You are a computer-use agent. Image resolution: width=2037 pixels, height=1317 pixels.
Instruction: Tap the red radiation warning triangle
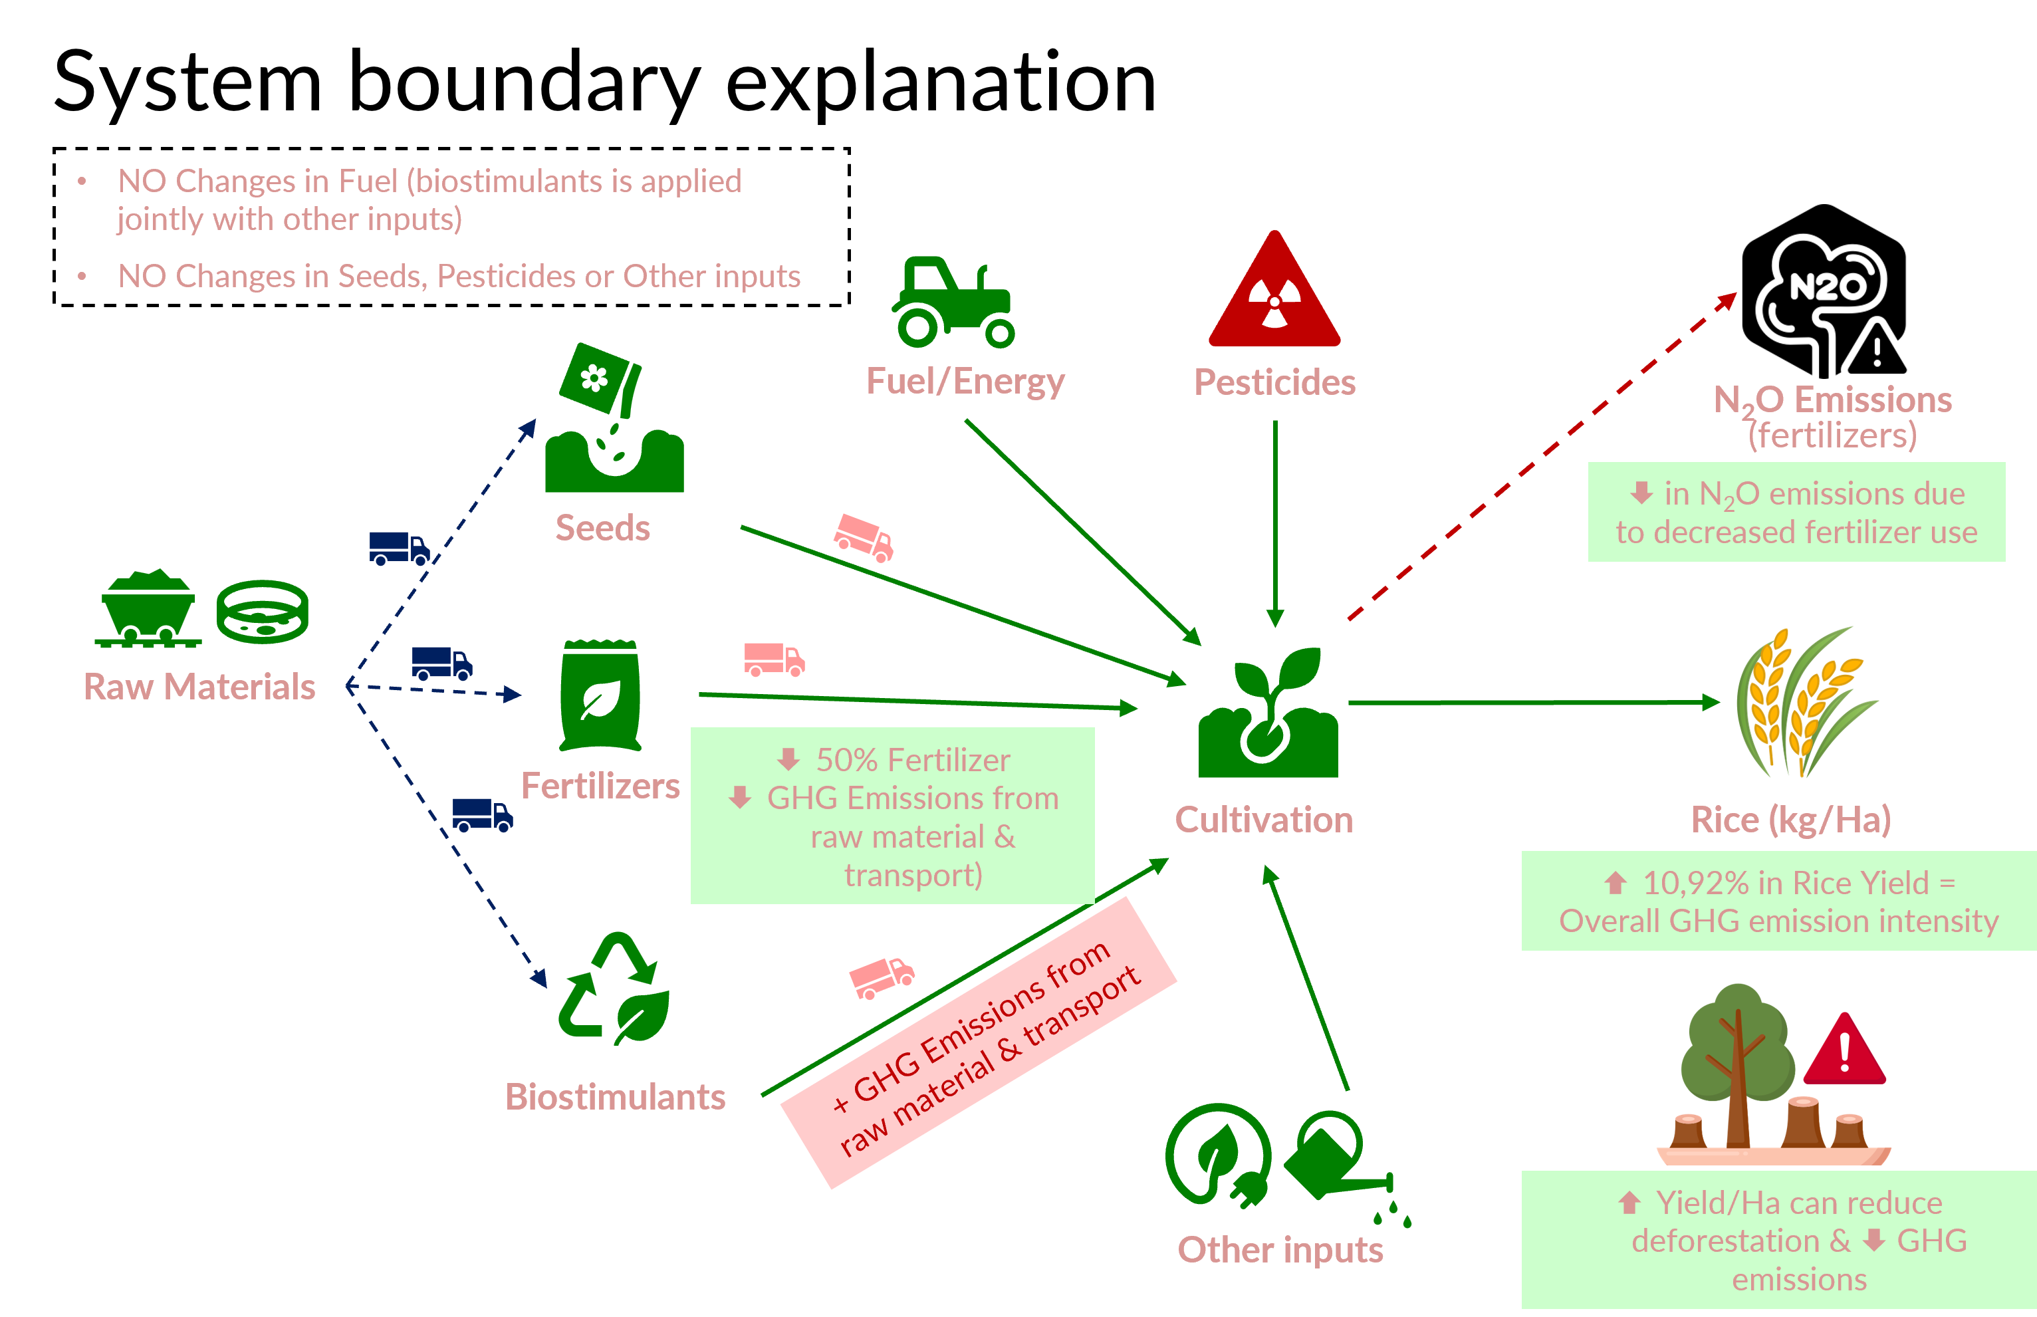coord(1274,295)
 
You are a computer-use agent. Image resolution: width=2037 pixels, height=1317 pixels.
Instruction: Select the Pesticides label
coord(1274,382)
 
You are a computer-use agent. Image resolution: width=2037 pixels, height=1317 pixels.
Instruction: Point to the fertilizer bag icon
coord(600,695)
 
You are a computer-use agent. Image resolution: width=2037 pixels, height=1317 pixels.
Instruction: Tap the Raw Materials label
coord(199,687)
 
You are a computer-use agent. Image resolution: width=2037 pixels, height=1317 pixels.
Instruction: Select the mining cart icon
coord(148,609)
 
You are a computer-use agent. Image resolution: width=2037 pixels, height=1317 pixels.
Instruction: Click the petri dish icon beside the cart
coord(262,612)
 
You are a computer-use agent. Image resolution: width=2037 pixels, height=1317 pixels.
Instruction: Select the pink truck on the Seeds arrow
coord(864,537)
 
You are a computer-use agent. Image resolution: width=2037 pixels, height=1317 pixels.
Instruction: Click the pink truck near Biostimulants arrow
coord(881,977)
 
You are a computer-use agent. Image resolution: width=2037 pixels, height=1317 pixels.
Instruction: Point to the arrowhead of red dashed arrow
coord(1729,299)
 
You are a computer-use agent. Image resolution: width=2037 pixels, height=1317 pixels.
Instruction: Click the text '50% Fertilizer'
coord(911,759)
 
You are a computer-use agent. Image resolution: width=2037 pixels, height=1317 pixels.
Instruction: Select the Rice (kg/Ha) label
coord(1791,819)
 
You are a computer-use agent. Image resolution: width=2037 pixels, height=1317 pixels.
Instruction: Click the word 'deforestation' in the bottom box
coord(1724,1240)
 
